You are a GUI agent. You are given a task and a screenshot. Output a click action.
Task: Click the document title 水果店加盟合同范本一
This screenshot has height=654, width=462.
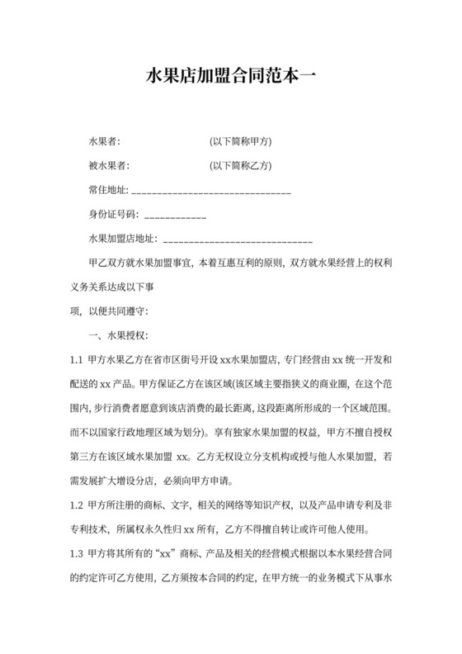coord(230,78)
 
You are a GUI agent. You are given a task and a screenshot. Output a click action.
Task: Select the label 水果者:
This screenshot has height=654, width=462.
coord(104,142)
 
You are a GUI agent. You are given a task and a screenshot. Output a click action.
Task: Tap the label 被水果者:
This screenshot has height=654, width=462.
coord(109,166)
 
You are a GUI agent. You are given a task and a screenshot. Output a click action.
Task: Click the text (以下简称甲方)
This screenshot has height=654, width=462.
coord(241,142)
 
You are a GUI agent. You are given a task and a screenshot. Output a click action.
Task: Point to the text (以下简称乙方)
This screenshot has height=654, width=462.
coord(241,166)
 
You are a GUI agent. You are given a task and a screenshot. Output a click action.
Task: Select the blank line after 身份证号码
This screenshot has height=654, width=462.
coord(175,216)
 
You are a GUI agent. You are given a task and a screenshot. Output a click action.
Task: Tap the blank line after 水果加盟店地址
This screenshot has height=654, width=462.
coord(238,240)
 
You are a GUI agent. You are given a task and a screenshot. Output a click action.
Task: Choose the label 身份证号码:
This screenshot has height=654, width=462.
coord(114,216)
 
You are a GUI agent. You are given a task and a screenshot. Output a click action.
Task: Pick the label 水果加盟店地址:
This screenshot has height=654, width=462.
coord(122,239)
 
